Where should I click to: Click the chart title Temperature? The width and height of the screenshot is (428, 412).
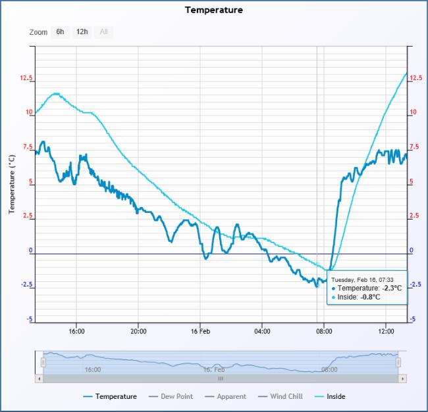click(x=213, y=10)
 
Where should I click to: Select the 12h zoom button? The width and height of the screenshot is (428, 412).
click(x=82, y=32)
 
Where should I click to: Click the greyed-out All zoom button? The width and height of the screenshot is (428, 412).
click(x=103, y=32)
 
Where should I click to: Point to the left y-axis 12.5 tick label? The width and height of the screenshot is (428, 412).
click(x=26, y=78)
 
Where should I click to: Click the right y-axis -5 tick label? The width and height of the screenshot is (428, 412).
click(x=413, y=319)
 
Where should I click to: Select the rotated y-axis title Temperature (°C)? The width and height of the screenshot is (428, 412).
click(x=11, y=184)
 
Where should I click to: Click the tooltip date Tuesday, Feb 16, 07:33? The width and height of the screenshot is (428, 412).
click(x=362, y=279)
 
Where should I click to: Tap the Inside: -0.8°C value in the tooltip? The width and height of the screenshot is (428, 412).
click(x=359, y=297)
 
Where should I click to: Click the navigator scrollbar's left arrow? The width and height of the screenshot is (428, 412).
click(x=39, y=378)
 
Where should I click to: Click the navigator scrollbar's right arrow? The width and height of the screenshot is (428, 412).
click(x=402, y=378)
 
